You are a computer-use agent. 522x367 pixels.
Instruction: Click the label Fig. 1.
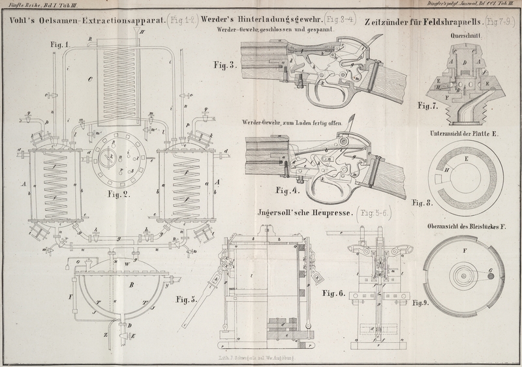coord(57,44)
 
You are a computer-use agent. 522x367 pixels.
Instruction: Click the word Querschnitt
coord(467,37)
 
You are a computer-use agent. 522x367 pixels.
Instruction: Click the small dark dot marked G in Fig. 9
coord(489,277)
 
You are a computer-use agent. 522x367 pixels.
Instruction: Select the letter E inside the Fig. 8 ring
coord(466,157)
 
